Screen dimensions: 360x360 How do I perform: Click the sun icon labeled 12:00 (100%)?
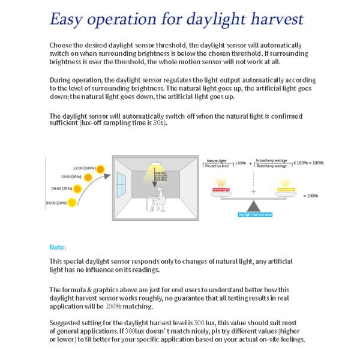click(x=101, y=168)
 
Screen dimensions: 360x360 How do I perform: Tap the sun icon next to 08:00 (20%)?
click(x=72, y=203)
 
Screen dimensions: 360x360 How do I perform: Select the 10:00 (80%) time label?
click(x=71, y=176)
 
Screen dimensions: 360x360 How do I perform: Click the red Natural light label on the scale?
click(x=221, y=190)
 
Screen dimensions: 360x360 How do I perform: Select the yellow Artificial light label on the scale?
click(x=286, y=190)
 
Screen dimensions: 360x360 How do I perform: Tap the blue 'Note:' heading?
click(x=58, y=247)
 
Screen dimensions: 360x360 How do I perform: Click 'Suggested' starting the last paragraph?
click(x=63, y=322)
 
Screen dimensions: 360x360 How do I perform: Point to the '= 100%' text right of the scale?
click(x=310, y=196)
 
